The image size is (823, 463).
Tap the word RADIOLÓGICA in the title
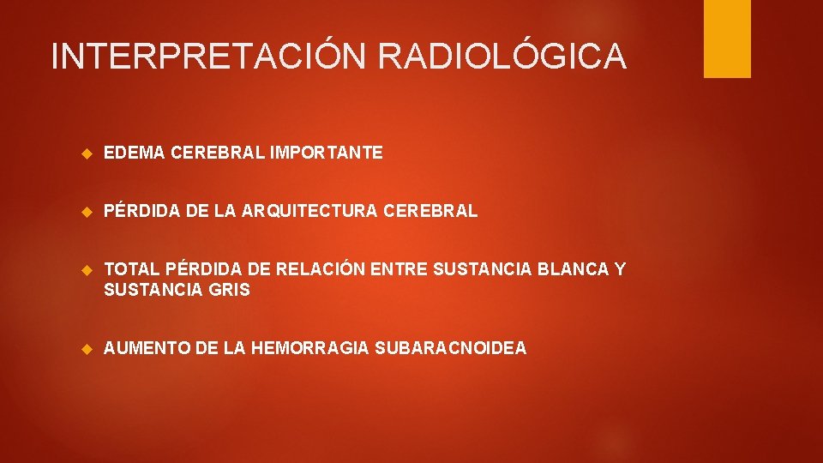(x=502, y=57)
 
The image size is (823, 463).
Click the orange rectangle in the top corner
(x=727, y=39)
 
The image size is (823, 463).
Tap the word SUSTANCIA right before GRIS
(x=153, y=291)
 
